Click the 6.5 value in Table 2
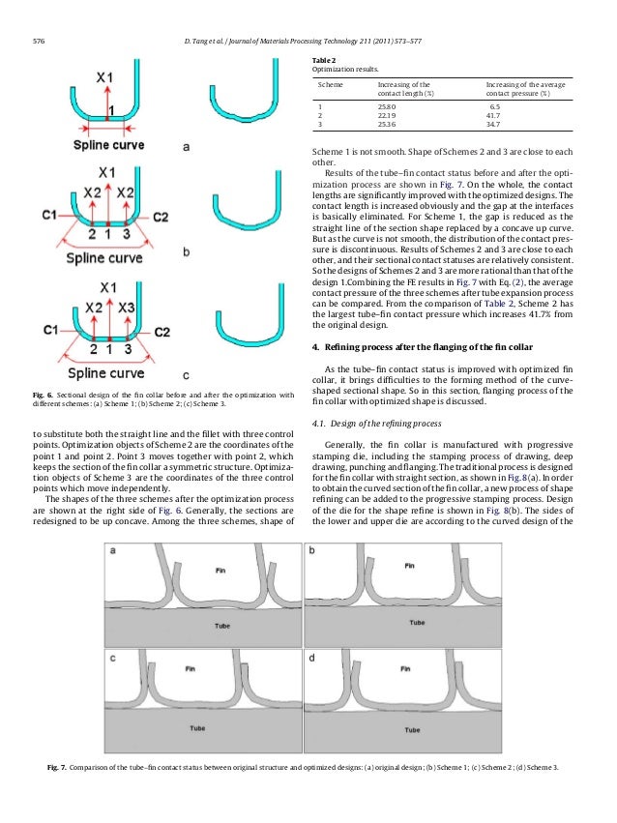[x=495, y=105]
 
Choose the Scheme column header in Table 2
[x=333, y=85]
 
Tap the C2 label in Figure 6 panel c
[x=162, y=332]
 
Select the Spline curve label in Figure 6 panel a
[x=108, y=146]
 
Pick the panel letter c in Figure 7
[x=113, y=657]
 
